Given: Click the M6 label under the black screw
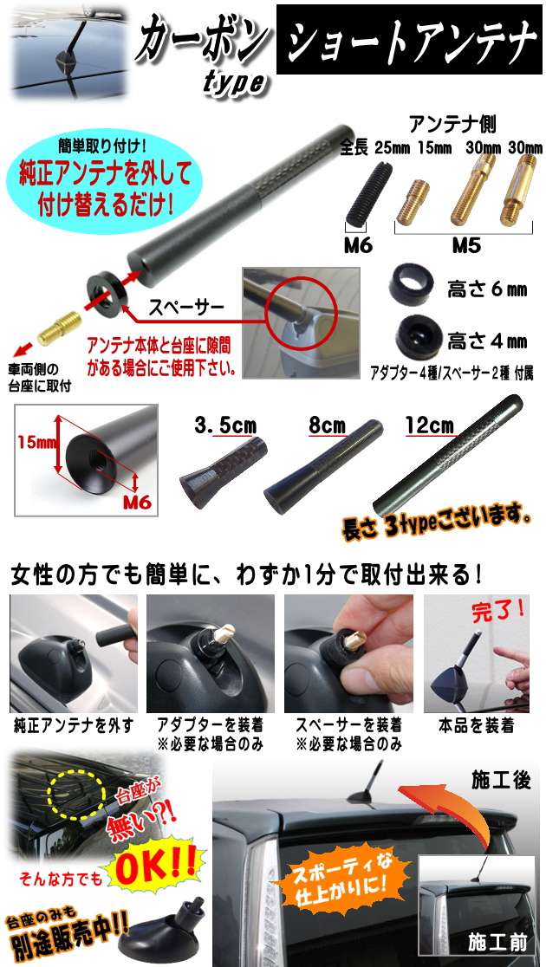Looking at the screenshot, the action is pyautogui.click(x=359, y=246).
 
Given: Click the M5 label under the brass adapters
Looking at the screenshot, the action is pyautogui.click(x=466, y=246).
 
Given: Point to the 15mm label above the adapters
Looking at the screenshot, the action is pyautogui.click(x=434, y=148).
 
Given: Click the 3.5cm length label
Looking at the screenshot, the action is pyautogui.click(x=225, y=425).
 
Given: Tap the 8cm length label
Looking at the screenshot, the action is pyautogui.click(x=328, y=425).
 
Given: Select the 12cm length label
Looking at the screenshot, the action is pyautogui.click(x=429, y=425).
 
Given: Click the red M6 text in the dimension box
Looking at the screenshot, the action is pyautogui.click(x=136, y=502).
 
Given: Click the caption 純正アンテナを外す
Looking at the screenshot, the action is pyautogui.click(x=74, y=726).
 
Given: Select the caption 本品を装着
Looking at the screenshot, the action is pyautogui.click(x=476, y=726).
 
